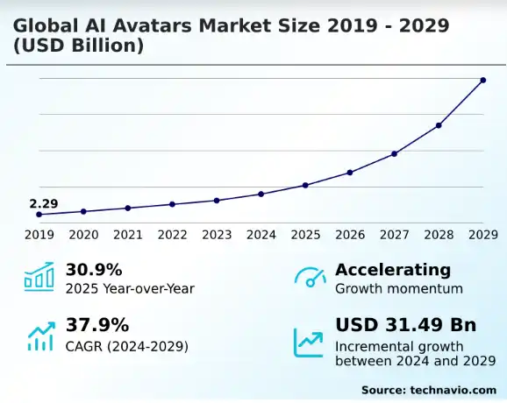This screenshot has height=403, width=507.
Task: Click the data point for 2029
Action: pos(482,81)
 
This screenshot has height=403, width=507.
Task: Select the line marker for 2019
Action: pos(39,215)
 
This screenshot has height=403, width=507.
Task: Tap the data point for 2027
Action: pos(394,154)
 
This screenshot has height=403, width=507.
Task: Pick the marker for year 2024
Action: pos(261,194)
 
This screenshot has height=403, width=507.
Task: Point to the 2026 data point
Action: pos(350,173)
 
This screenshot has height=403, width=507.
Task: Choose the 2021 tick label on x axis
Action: pos(128,235)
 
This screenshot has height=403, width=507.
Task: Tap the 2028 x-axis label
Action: pos(439,235)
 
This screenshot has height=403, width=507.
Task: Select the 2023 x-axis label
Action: pos(217,235)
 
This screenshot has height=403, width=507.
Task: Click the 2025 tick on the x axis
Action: pos(305,235)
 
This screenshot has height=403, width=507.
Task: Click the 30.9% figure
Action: pos(94,270)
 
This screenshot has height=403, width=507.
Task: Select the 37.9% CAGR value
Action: pos(94,325)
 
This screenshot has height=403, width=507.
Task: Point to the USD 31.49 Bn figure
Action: pos(405,325)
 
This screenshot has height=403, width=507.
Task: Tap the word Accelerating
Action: pos(393,270)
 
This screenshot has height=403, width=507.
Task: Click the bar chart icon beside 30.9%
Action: pos(39,278)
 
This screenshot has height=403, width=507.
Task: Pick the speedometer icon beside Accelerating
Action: pos(310,278)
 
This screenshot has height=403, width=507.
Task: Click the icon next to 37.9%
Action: pos(39,336)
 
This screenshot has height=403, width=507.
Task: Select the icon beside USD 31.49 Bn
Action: pos(310,338)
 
